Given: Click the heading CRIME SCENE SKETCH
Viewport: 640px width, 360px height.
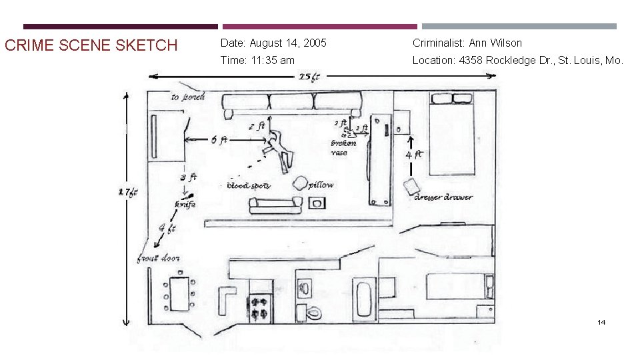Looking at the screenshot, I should coord(91,45).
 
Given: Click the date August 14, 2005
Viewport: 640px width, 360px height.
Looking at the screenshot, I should coord(273,43).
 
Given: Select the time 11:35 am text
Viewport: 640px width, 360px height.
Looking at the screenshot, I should coord(257,60).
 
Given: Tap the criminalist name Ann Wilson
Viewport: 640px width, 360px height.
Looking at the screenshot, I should coord(467,43).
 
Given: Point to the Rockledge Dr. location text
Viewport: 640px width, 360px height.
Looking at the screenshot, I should coord(518,60).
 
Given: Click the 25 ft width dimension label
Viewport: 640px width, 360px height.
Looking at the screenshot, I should coord(309,77).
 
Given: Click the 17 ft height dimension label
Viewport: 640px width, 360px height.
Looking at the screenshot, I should coord(128,193).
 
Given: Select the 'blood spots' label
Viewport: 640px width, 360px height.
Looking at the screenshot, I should coord(249,185).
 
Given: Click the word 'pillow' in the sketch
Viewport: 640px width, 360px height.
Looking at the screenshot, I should coord(321,185).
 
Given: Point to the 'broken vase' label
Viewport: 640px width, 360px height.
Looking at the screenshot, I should coord(343,147).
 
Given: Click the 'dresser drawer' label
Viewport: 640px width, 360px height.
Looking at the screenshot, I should coord(443,197).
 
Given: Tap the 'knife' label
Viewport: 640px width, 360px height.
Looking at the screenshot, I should coord(185,205).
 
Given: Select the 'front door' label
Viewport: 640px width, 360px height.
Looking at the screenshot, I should coord(158,258).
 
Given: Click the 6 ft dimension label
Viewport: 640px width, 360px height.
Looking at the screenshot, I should coord(219,140).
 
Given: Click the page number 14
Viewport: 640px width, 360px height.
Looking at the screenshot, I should coord(601,323).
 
